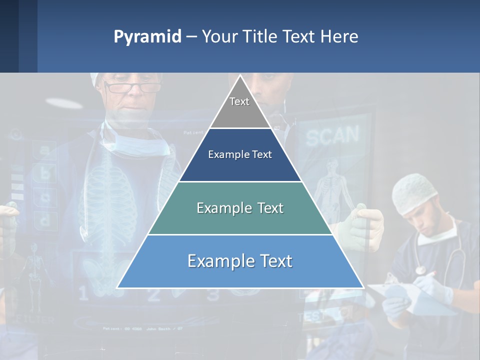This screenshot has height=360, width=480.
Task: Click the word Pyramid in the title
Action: [x=147, y=37]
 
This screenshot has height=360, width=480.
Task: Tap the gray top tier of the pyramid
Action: [x=240, y=112]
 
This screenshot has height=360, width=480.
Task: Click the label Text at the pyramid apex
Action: [x=239, y=101]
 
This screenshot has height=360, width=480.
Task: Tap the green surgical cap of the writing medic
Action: [x=414, y=192]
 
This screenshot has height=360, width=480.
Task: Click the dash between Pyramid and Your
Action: [x=191, y=37]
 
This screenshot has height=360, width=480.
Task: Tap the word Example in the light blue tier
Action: [x=215, y=261]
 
